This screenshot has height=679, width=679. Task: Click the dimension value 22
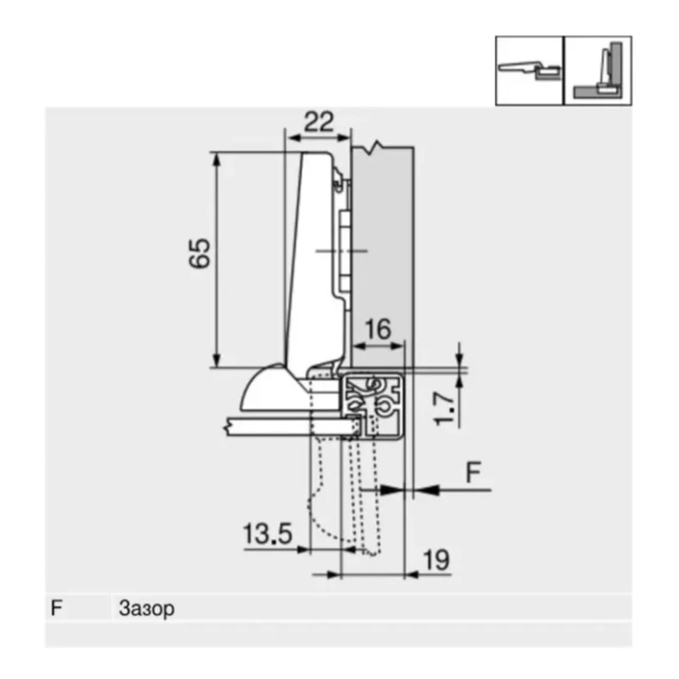(318, 121)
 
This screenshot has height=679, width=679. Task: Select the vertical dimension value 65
(199, 253)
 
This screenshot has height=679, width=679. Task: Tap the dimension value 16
(379, 329)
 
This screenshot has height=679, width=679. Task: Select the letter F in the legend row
(57, 609)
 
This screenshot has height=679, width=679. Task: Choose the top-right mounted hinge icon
(598, 70)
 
